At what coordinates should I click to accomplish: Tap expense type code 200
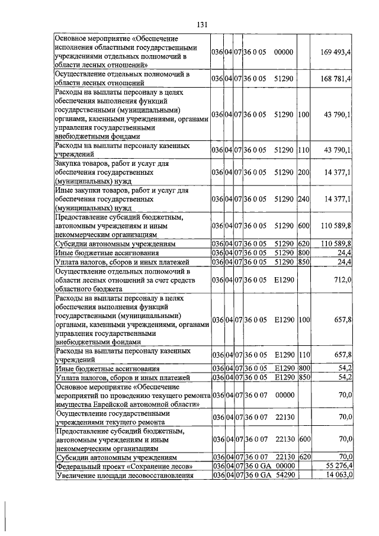pos(304,172)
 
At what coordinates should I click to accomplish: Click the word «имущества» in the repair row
pos(73,403)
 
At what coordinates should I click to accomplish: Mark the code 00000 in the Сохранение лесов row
pos(284,466)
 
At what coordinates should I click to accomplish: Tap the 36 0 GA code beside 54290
pos(255,475)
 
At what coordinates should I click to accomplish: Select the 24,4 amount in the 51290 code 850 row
pos(345,261)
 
